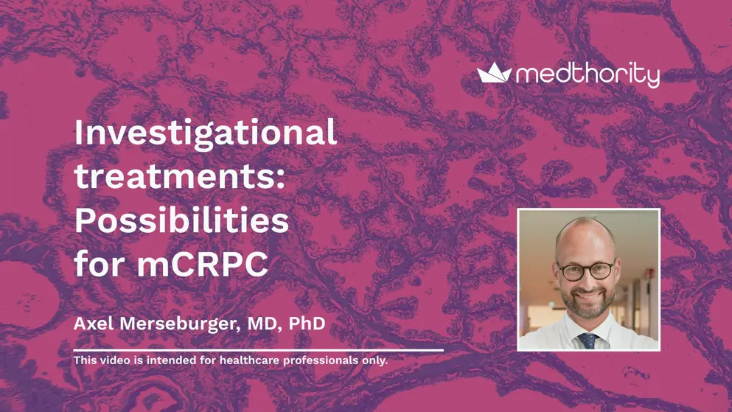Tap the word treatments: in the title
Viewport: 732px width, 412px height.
click(x=179, y=178)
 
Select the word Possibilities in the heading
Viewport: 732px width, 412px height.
click(x=181, y=220)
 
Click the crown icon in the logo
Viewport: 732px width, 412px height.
click(x=494, y=72)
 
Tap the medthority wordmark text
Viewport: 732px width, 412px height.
click(x=588, y=74)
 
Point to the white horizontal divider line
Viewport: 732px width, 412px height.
click(x=258, y=350)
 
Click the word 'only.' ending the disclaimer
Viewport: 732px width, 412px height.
click(x=374, y=360)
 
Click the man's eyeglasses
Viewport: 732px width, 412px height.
click(x=585, y=270)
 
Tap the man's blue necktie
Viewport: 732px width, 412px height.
click(x=588, y=340)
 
